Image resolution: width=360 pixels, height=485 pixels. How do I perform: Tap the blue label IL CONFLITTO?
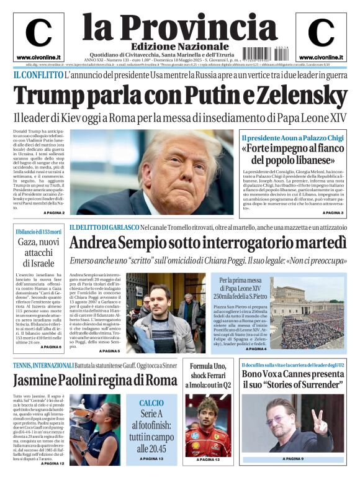[x=37, y=75]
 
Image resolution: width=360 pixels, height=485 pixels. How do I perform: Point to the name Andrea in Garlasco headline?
[x=99, y=243]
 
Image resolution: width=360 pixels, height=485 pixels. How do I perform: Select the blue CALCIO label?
[x=151, y=403]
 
